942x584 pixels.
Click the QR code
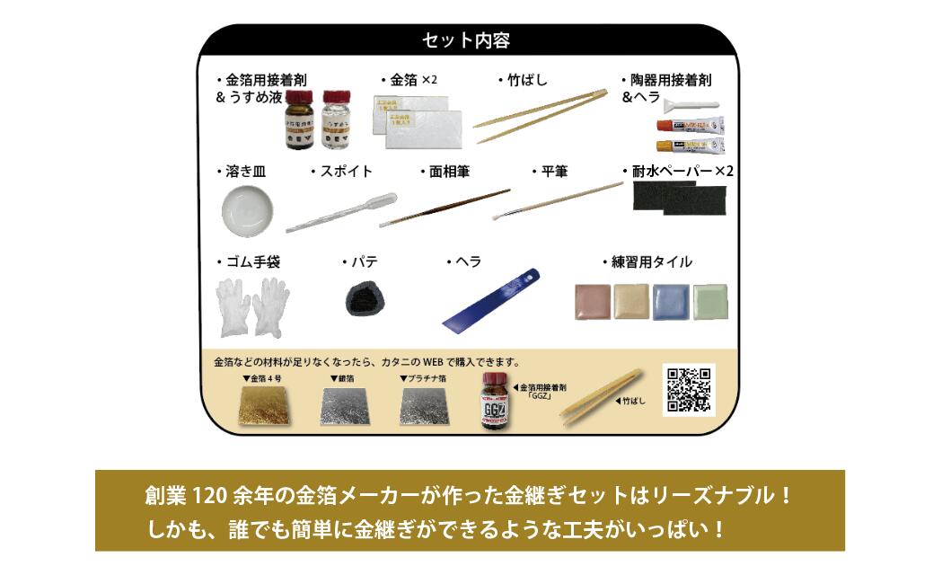[688, 389]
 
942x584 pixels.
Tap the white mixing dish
[247, 208]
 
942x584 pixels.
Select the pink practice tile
[592, 302]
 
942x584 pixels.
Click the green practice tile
[710, 303]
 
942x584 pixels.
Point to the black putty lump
[365, 297]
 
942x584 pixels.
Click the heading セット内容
[466, 40]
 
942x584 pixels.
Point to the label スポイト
[344, 171]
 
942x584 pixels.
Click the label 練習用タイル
[649, 261]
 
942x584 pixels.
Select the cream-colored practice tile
[631, 302]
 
